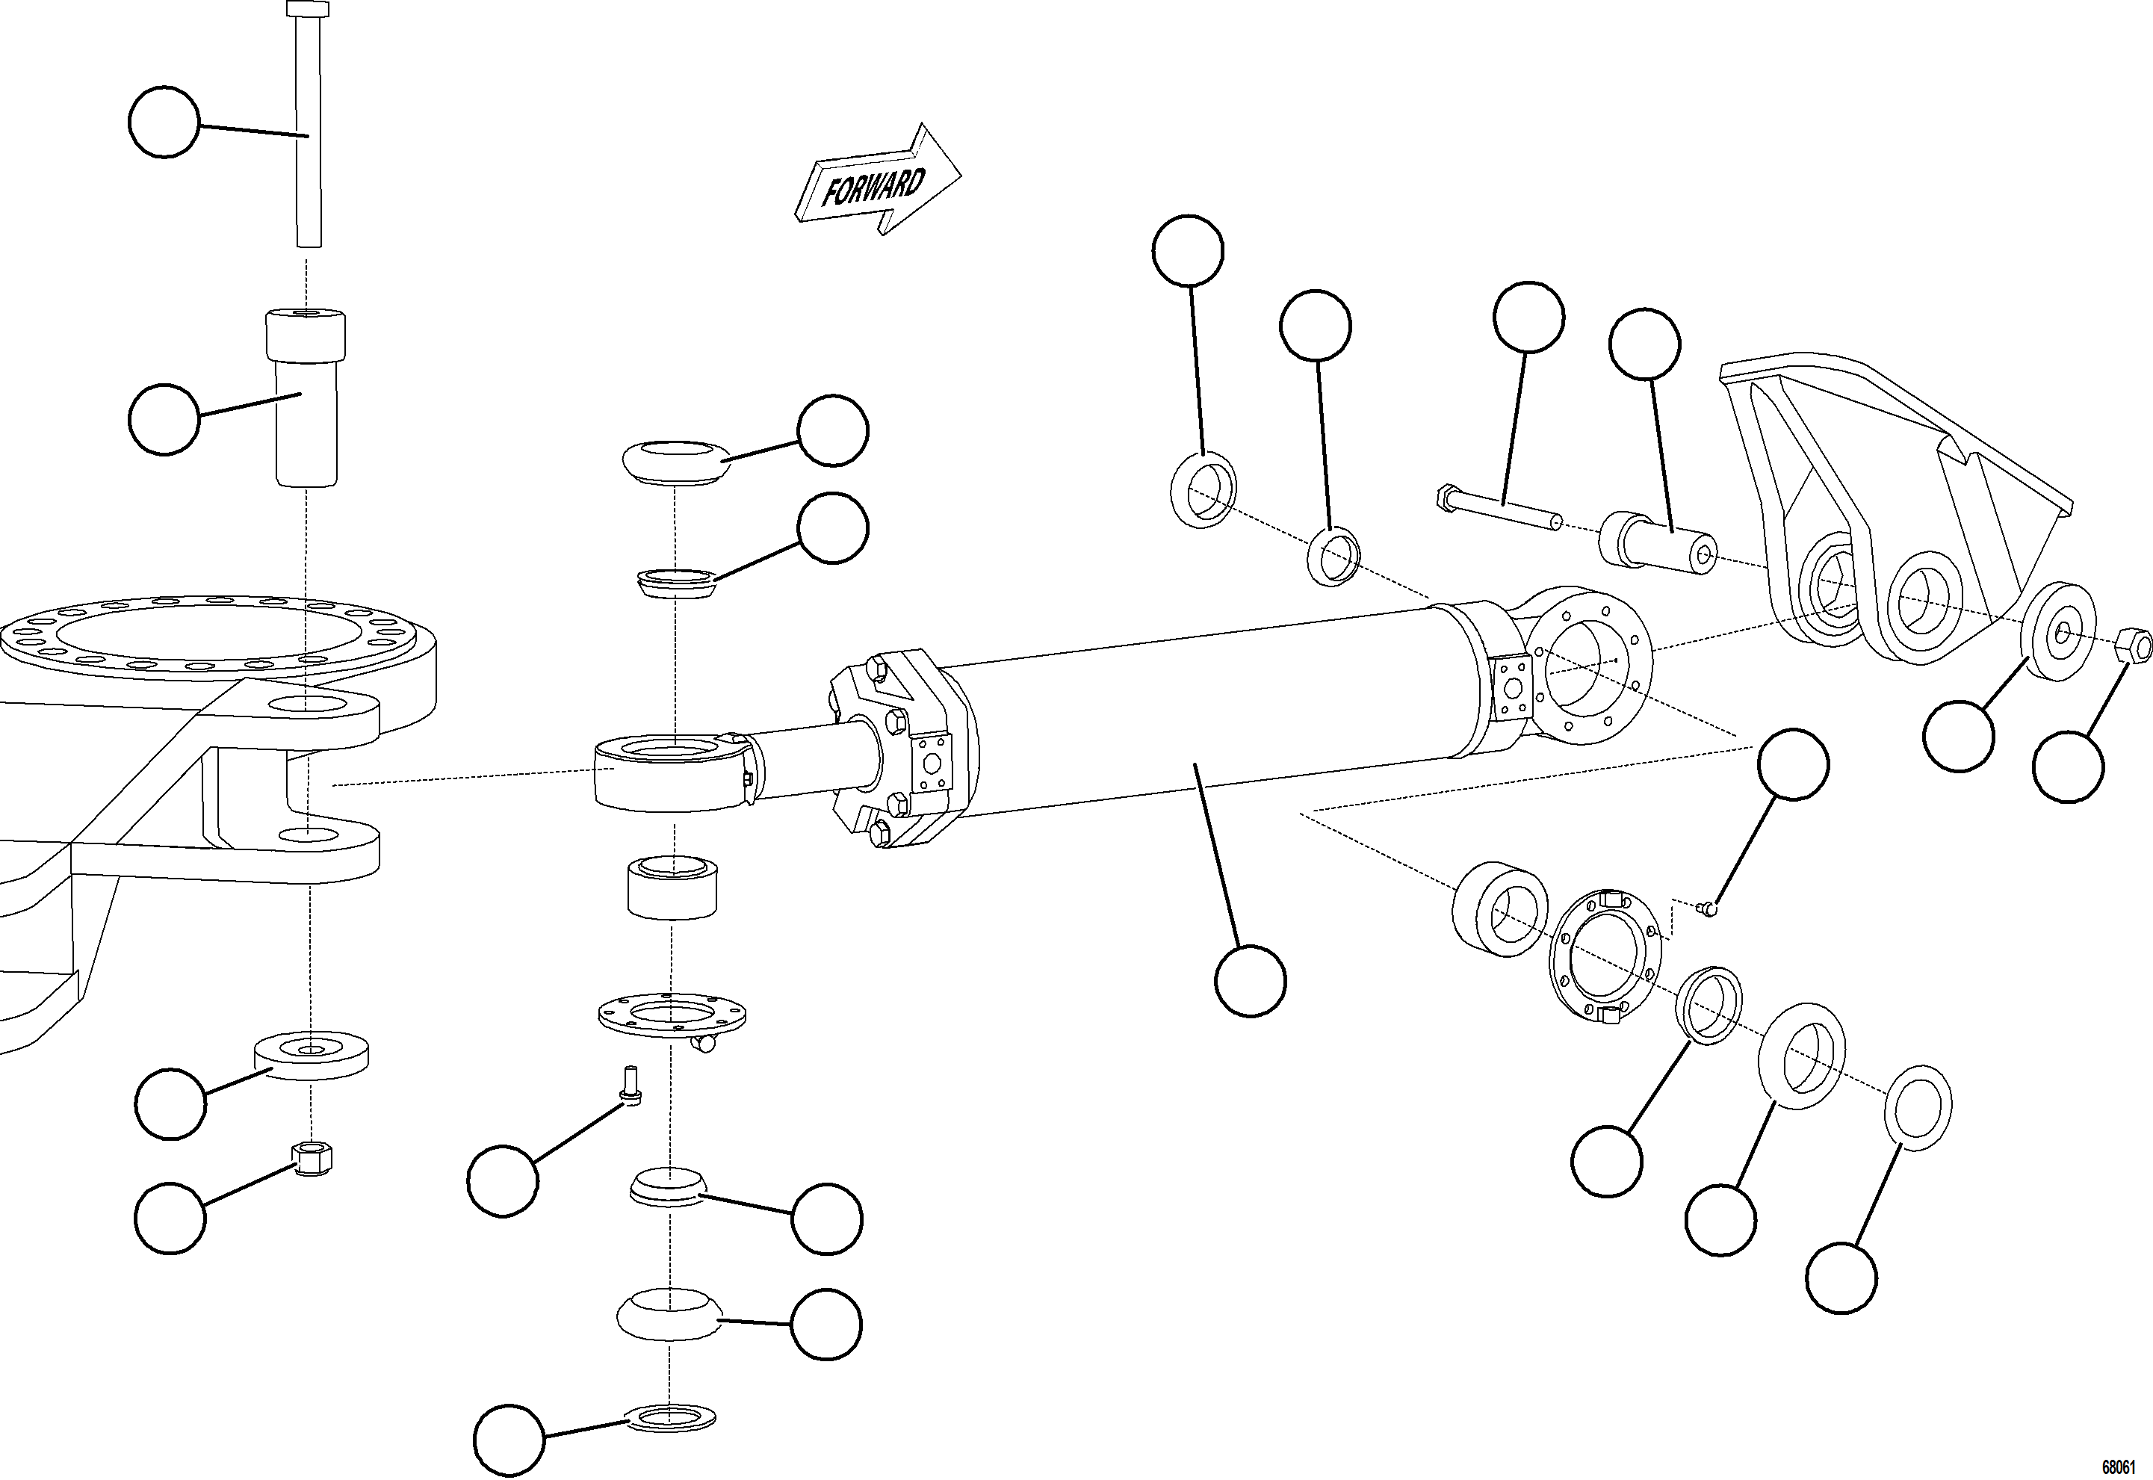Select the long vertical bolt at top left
point(309,130)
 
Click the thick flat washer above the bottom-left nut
point(311,1053)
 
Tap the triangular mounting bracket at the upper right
point(1883,501)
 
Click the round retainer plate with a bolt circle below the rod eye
point(672,1015)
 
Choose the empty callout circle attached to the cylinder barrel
point(1250,981)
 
